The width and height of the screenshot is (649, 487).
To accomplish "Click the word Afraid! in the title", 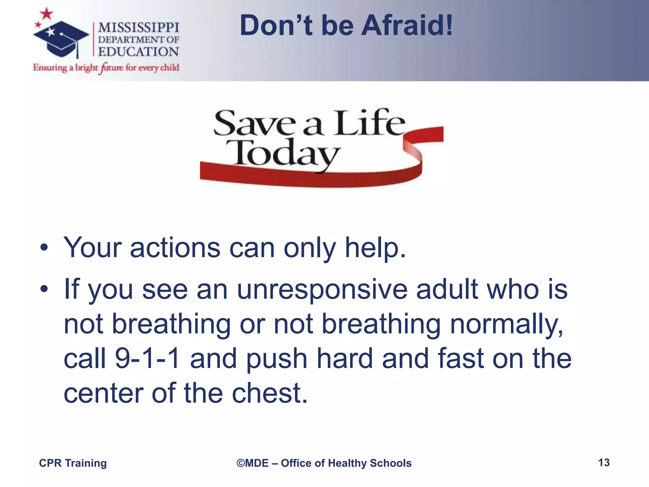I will tap(407, 26).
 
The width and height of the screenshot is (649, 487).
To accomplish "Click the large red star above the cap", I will tap(47, 14).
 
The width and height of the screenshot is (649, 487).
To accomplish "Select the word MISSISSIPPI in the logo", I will tap(138, 28).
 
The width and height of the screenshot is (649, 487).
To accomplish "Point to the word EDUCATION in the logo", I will tap(138, 52).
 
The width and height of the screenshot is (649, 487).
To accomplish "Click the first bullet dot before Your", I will tap(44, 248).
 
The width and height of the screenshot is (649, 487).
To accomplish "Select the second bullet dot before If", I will tap(44, 289).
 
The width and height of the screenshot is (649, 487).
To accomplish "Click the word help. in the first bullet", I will tap(375, 248).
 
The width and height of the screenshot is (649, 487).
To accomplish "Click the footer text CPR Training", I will tap(73, 463).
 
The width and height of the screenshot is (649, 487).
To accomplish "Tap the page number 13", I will tap(604, 463).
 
